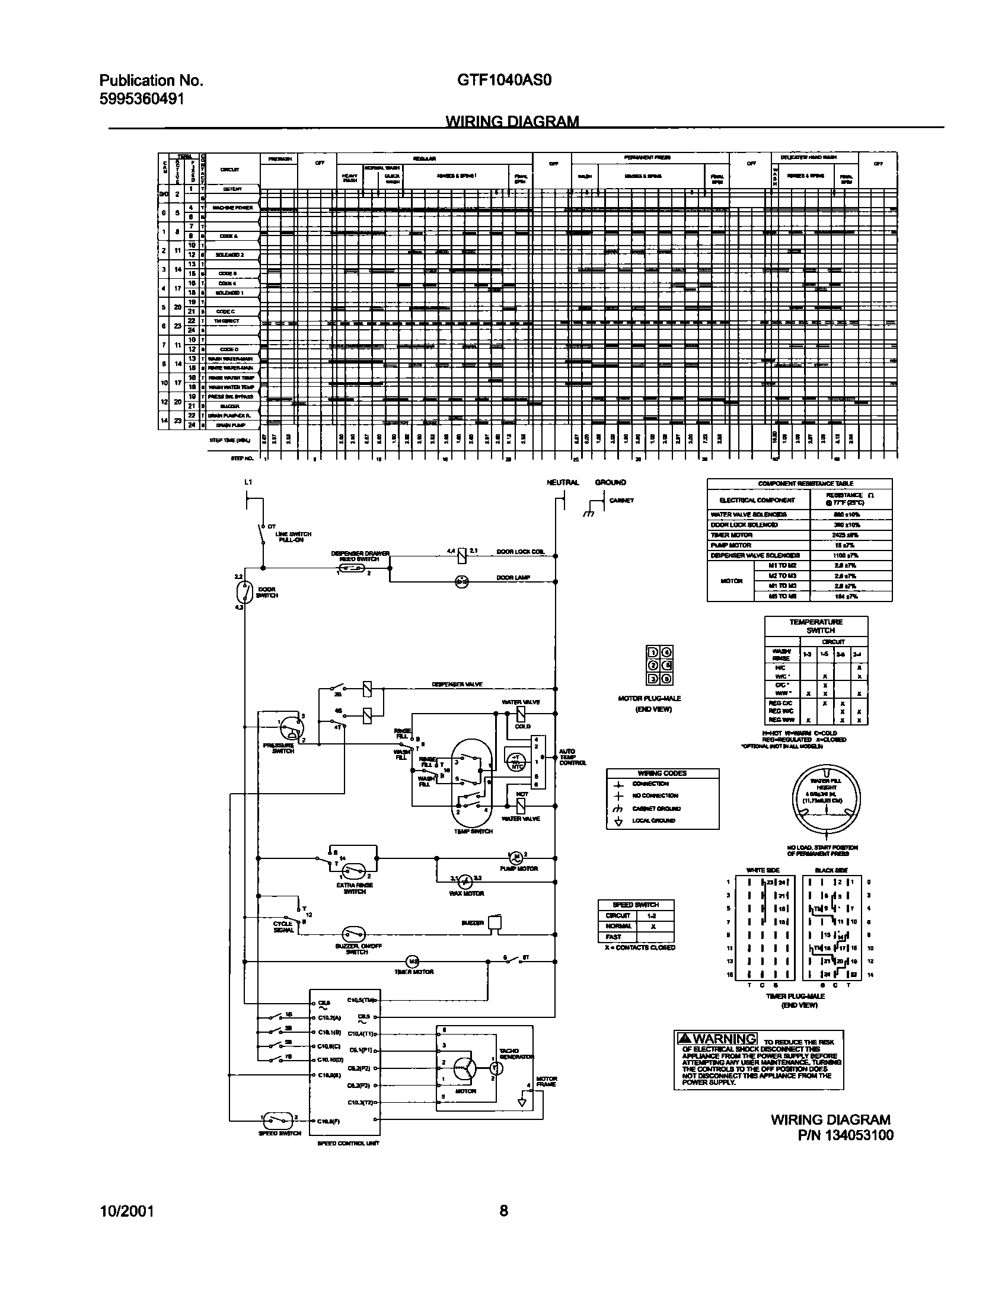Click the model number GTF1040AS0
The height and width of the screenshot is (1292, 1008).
504,79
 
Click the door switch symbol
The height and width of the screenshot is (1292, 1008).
244,592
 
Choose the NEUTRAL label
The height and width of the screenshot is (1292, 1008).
562,482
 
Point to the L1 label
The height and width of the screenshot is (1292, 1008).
248,482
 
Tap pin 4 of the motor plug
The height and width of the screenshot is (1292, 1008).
666,651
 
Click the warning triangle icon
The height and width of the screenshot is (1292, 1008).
684,1039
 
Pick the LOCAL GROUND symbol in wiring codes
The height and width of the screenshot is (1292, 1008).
618,821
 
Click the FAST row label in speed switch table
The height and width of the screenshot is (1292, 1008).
614,937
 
